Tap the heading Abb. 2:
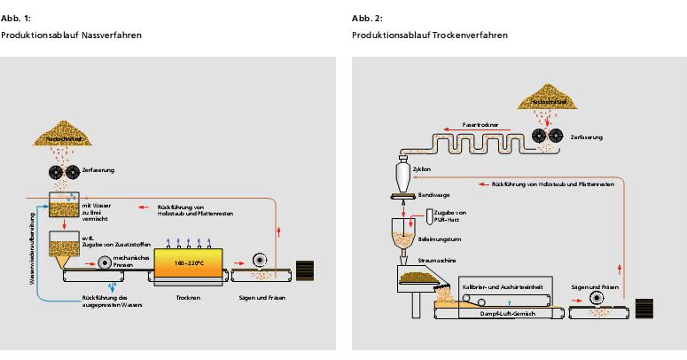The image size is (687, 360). (365, 19)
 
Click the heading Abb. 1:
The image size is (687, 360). (15, 19)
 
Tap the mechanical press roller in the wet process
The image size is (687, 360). (106, 262)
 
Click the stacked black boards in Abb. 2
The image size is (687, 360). (644, 309)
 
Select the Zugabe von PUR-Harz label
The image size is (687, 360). (450, 216)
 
